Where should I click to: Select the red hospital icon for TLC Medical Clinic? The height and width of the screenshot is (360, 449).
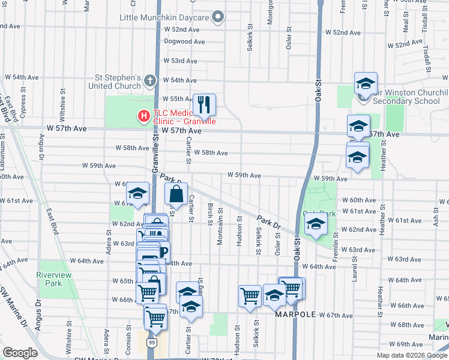(x=143, y=116)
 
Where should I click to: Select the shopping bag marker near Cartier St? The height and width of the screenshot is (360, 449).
(x=176, y=194)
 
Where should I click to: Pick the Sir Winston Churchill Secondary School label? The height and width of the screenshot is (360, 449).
(x=410, y=97)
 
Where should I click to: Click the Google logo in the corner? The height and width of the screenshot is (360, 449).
(x=20, y=353)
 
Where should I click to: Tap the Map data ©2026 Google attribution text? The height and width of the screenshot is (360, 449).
(x=412, y=355)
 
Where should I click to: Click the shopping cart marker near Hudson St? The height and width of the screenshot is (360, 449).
(x=250, y=296)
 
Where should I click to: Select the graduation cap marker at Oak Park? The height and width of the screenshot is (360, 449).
(x=314, y=226)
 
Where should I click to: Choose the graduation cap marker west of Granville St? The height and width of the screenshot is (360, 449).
(x=137, y=194)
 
